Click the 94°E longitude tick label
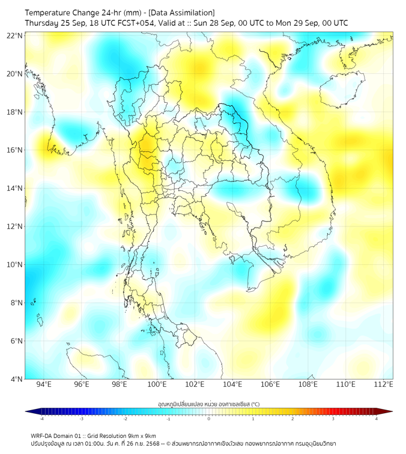pyautogui.click(x=44, y=384)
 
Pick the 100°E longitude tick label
pyautogui.click(x=157, y=384)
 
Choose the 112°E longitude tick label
pyautogui.click(x=383, y=384)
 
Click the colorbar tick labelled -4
pyautogui.click(x=41, y=419)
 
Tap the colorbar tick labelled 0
pyautogui.click(x=209, y=419)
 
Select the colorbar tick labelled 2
pyautogui.click(x=292, y=419)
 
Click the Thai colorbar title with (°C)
pyautogui.click(x=208, y=404)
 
